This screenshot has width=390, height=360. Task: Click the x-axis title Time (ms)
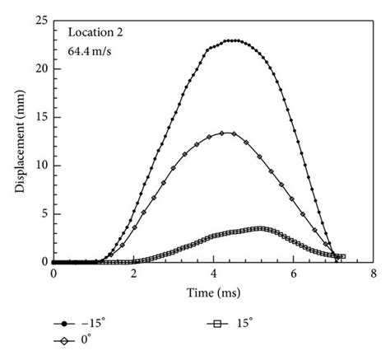tap(213, 292)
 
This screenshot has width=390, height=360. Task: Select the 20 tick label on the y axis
tap(41, 68)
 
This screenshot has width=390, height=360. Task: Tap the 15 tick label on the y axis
tap(41, 117)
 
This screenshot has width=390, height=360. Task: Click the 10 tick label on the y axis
tap(41, 166)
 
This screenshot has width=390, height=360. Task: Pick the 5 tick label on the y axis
tap(44, 214)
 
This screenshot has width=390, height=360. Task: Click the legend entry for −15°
tap(79, 325)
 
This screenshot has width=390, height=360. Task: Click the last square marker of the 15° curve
tap(342, 256)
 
